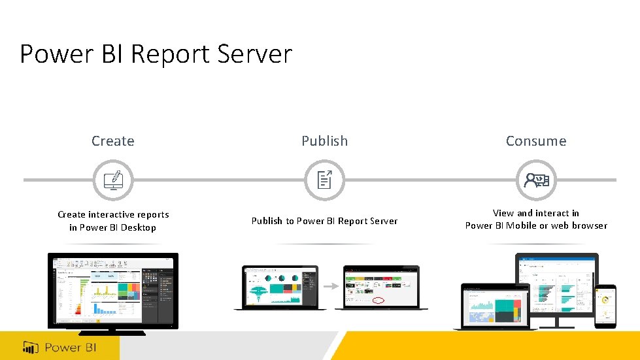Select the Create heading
pos(113,141)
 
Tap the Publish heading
pos(324,141)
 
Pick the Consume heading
pos(536,141)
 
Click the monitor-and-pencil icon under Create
pos(113,180)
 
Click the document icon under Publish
pos(325,180)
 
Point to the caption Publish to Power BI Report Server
pos(324,221)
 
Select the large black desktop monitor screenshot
pos(113,291)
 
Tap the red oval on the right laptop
pos(379,301)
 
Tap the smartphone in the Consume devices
pos(605,305)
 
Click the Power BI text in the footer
pos(71,347)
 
